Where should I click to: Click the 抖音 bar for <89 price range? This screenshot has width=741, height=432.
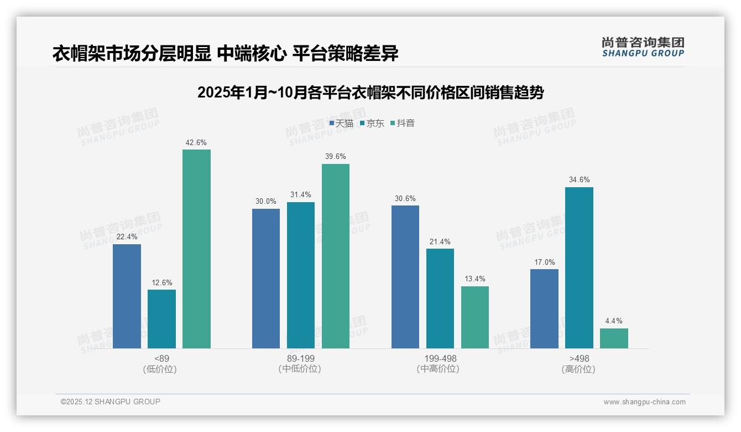coord(196,249)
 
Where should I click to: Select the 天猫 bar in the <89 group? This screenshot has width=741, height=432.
coord(127,296)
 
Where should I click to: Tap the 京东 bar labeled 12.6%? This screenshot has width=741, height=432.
coord(161,319)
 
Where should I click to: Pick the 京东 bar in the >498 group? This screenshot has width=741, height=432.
coord(579,268)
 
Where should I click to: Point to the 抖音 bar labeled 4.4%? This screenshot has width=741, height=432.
coord(614,338)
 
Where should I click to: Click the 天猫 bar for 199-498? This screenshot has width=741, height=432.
coord(405,277)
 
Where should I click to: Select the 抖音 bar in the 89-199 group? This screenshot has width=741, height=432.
coord(336,256)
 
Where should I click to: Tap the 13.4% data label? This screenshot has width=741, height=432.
coord(475,279)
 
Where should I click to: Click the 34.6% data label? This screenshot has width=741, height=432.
coord(579,179)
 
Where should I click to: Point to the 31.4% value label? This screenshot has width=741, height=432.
coord(301,194)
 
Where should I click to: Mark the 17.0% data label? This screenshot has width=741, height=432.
coord(544,262)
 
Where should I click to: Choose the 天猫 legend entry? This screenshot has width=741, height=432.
coord(341,123)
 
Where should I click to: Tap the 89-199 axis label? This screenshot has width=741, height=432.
coord(301,358)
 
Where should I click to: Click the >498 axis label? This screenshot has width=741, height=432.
coord(579,358)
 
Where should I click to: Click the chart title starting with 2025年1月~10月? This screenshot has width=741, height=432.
coord(370,92)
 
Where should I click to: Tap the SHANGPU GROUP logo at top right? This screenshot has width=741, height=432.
coord(643,47)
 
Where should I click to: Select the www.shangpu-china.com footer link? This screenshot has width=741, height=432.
coord(644,402)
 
